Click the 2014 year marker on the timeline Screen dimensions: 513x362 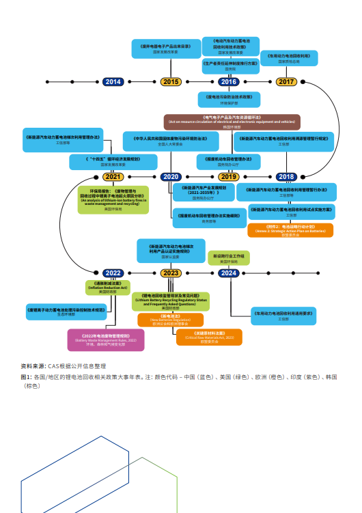pos(113,82)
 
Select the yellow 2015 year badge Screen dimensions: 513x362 pos(171,82)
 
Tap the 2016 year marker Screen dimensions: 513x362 pos(228,82)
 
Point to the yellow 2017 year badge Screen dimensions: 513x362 pos(286,82)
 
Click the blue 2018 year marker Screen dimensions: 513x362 pos(286,177)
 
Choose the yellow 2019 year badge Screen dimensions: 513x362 pos(228,177)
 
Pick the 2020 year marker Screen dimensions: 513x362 pos(171,177)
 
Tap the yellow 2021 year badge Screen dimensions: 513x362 pos(113,177)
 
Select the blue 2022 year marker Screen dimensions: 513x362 pos(113,273)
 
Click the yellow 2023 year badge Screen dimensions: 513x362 pos(171,273)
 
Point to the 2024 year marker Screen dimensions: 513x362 pos(228,273)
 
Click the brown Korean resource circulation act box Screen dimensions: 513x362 pos(231,122)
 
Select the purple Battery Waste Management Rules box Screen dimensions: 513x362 pos(105,339)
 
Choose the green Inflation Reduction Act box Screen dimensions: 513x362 pos(107,287)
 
